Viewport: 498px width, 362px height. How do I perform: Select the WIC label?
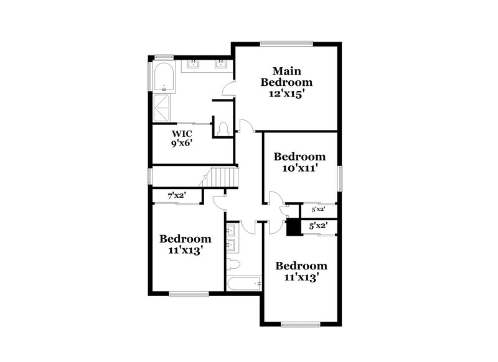click(x=182, y=133)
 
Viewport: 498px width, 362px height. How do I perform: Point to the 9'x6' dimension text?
click(x=182, y=144)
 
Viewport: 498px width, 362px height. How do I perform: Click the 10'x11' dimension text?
click(x=301, y=167)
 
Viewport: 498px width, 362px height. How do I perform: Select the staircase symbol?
click(x=223, y=177)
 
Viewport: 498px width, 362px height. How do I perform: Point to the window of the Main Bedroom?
click(x=286, y=43)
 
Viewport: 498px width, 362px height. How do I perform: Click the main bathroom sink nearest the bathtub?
click(x=194, y=63)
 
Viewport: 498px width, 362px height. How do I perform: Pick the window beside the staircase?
click(x=149, y=175)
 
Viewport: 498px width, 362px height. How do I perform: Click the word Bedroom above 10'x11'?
click(x=301, y=156)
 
